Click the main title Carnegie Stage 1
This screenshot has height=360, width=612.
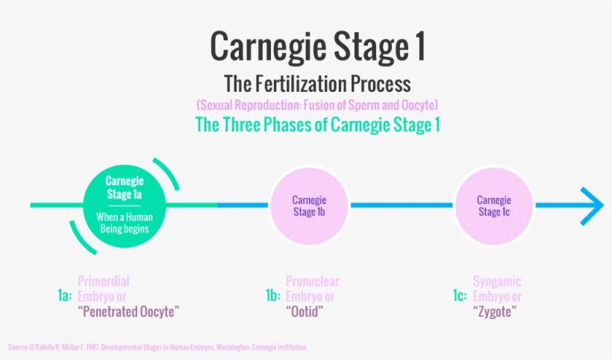317,46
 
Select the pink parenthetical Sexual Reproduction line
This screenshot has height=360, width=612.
317,104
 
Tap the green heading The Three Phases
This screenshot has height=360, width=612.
317,124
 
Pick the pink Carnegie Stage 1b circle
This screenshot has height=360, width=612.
308,205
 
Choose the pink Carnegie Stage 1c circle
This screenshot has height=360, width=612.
493,205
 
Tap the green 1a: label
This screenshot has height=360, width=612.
65,297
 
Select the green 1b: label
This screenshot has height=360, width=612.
272,297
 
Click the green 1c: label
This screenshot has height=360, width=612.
459,297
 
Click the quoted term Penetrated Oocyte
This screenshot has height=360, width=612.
129,311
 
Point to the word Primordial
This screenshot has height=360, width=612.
104,282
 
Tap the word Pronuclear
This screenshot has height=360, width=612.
313,282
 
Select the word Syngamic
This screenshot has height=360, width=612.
497,282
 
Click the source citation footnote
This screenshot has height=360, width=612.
157,347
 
